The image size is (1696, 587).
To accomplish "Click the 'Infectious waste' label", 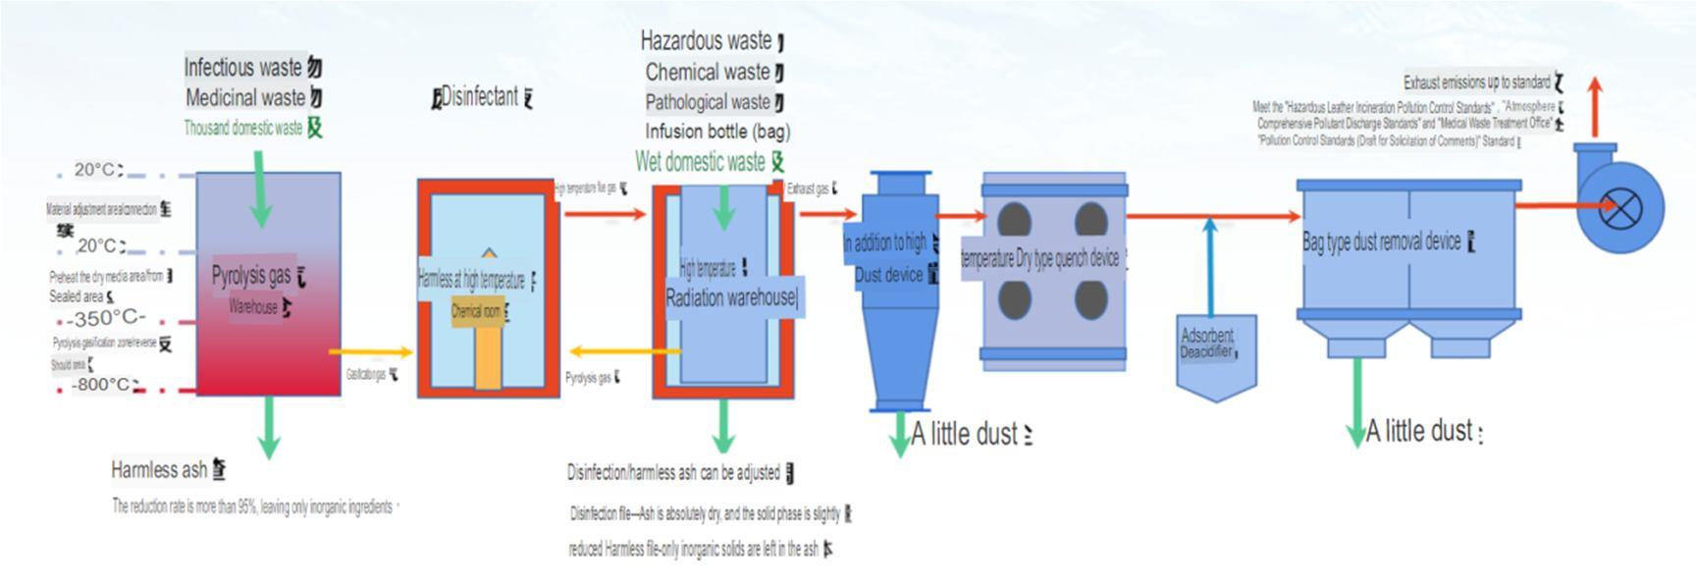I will tap(243, 68).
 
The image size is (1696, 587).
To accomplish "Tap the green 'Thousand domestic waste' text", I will tap(243, 128).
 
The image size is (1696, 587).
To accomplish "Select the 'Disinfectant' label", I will tap(479, 97).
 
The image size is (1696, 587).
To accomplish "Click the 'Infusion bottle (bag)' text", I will tap(716, 132).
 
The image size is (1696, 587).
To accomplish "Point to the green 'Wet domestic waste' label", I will tap(700, 162).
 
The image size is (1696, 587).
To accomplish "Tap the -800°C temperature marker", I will tap(102, 385).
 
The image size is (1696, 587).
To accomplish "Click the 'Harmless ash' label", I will tap(159, 470).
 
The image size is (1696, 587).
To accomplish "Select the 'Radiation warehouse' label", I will tap(730, 298).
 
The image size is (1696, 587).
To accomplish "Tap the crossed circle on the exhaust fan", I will tap(1620, 209).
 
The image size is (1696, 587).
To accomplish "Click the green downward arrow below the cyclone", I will tap(899, 434).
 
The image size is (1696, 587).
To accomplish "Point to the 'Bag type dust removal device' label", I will tap(1381, 241).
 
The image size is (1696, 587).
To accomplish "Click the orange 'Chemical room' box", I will tap(477, 312).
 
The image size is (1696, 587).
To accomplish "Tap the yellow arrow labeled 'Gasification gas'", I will tap(371, 351).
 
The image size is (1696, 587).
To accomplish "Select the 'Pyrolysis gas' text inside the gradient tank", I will tap(251, 276).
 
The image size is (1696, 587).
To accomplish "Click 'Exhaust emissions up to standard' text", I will tap(1476, 82).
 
